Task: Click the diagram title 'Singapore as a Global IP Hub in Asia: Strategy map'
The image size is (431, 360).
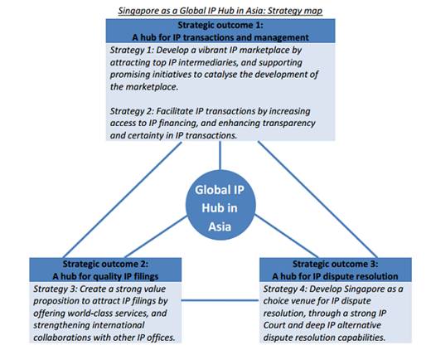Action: click(220, 11)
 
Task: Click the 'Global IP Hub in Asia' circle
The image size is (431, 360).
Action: click(220, 205)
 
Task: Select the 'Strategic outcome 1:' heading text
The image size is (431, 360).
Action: click(220, 25)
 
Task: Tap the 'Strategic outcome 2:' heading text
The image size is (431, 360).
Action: click(105, 264)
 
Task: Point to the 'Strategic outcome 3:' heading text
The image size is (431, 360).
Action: click(335, 264)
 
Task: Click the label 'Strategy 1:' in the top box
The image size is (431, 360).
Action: click(132, 51)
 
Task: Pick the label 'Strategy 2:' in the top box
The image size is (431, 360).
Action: click(132, 111)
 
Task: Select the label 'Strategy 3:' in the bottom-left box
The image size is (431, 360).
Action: click(55, 289)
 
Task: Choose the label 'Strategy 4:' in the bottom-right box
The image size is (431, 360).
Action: click(285, 289)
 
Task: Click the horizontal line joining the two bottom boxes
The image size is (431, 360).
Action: click(220, 300)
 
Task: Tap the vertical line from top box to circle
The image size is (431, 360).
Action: click(220, 155)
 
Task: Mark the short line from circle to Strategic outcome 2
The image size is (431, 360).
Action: click(157, 237)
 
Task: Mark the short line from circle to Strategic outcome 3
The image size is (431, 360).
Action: click(286, 236)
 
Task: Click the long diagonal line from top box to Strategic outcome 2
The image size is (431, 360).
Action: click(123, 200)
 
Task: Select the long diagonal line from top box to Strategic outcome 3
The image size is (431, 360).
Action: click(317, 200)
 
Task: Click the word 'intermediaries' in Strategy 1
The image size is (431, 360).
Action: click(208, 63)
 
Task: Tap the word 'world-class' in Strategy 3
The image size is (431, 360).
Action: click(105, 314)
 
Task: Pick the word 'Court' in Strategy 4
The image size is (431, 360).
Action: click(274, 325)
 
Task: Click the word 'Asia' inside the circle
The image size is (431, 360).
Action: click(220, 226)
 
